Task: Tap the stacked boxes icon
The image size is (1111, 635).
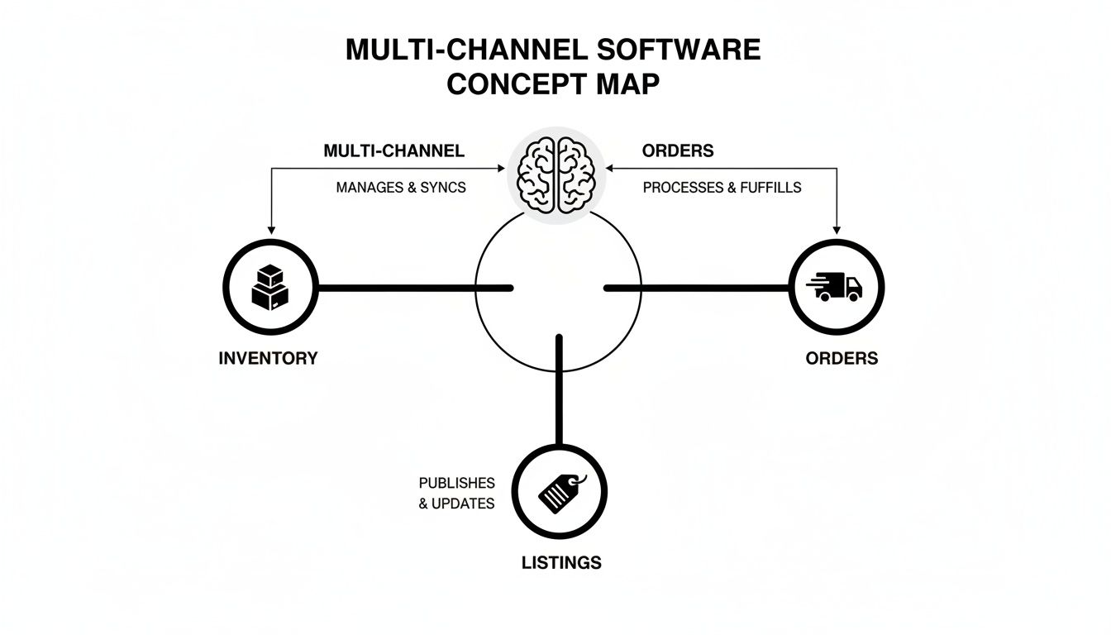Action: (x=269, y=287)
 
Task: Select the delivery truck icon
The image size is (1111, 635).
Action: (x=835, y=287)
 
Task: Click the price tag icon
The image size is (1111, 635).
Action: (x=560, y=494)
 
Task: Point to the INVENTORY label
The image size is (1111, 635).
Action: (x=268, y=358)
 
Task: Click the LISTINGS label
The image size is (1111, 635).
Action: (x=561, y=563)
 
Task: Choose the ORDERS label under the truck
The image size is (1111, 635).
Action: (x=842, y=358)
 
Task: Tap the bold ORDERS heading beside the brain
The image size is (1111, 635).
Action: (x=678, y=151)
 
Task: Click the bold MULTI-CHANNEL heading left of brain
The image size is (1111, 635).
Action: (x=393, y=151)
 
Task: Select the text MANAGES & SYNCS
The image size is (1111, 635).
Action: (x=401, y=188)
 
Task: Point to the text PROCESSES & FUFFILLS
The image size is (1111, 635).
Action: (x=722, y=188)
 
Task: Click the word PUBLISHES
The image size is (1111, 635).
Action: (x=456, y=483)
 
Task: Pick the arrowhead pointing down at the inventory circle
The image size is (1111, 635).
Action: (x=271, y=230)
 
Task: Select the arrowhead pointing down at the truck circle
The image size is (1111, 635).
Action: (x=837, y=229)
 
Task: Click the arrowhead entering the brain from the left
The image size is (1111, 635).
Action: (x=500, y=169)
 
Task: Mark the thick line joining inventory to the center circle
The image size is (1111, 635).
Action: (x=413, y=288)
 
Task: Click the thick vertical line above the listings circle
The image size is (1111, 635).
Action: (x=560, y=389)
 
